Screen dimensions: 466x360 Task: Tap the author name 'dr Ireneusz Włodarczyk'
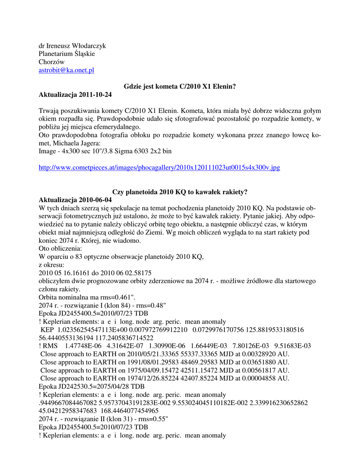[x=72, y=46]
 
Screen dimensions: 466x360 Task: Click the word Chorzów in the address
[x=52, y=62]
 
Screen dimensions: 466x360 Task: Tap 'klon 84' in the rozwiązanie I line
[x=116, y=305]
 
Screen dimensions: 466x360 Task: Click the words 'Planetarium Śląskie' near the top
[x=67, y=54]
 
